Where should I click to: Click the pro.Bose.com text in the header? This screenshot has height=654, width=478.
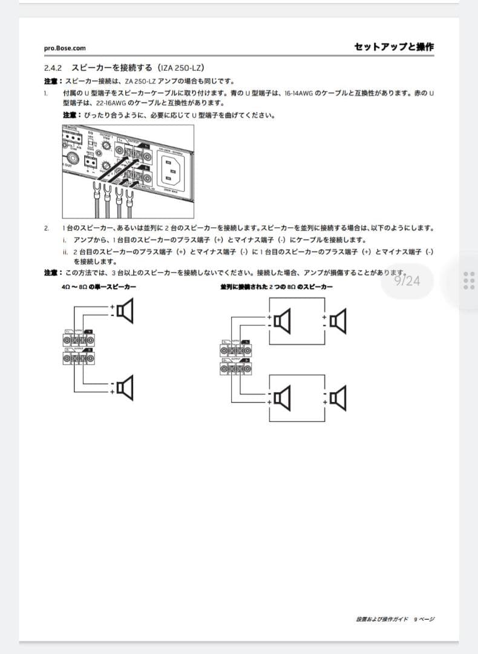(65, 48)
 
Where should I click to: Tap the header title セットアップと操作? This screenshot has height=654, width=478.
(394, 47)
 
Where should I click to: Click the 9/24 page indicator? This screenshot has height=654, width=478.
(407, 280)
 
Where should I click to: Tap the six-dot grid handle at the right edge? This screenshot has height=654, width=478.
(468, 280)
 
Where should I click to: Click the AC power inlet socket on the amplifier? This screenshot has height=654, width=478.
(172, 169)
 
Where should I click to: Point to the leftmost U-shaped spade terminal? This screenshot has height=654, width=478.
(95, 195)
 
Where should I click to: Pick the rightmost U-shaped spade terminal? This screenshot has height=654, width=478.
(128, 195)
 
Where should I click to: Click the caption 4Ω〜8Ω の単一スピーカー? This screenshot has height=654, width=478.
(98, 286)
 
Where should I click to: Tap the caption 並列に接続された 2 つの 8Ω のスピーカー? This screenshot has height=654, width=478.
(276, 286)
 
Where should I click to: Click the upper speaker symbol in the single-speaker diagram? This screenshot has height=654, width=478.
(125, 311)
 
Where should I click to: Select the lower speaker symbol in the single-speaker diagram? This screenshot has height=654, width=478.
(125, 387)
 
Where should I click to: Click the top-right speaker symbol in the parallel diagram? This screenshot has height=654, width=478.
(339, 321)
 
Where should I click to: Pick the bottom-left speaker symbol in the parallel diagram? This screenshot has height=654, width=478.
(282, 397)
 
